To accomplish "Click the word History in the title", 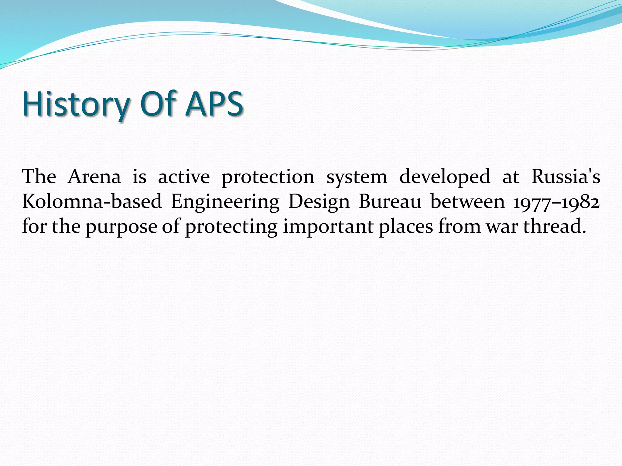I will [76, 104].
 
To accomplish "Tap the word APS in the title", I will [214, 104].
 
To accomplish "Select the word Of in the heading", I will [158, 104].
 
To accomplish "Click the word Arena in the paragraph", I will [94, 177].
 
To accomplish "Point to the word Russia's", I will [566, 177].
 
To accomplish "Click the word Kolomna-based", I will [92, 201].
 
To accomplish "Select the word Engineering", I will [225, 202].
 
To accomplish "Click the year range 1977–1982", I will [556, 202].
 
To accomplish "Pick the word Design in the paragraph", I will [319, 202].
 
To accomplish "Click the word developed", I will [445, 177].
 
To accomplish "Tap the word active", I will [184, 177].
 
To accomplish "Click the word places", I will [405, 227].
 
